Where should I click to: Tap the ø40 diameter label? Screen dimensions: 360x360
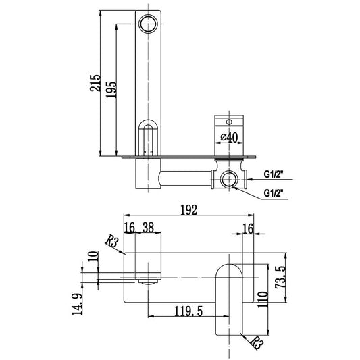[x=230, y=137]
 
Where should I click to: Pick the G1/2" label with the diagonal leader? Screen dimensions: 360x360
[x=274, y=193]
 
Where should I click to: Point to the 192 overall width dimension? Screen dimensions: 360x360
[x=190, y=210]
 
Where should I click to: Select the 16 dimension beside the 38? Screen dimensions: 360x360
[x=129, y=229]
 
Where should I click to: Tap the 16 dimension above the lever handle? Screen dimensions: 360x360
[x=248, y=229]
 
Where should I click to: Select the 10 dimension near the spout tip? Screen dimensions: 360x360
[x=92, y=259]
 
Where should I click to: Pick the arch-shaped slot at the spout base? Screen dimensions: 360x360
[x=148, y=136]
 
